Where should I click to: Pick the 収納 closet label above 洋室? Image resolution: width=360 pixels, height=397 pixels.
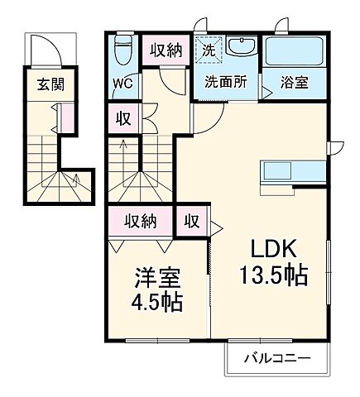click(x=140, y=221)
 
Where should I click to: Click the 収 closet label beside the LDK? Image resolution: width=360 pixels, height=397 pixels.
click(x=191, y=221)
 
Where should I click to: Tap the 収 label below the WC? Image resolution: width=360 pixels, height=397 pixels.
click(x=122, y=119)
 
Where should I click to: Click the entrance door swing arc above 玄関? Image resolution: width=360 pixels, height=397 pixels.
click(x=45, y=52)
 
